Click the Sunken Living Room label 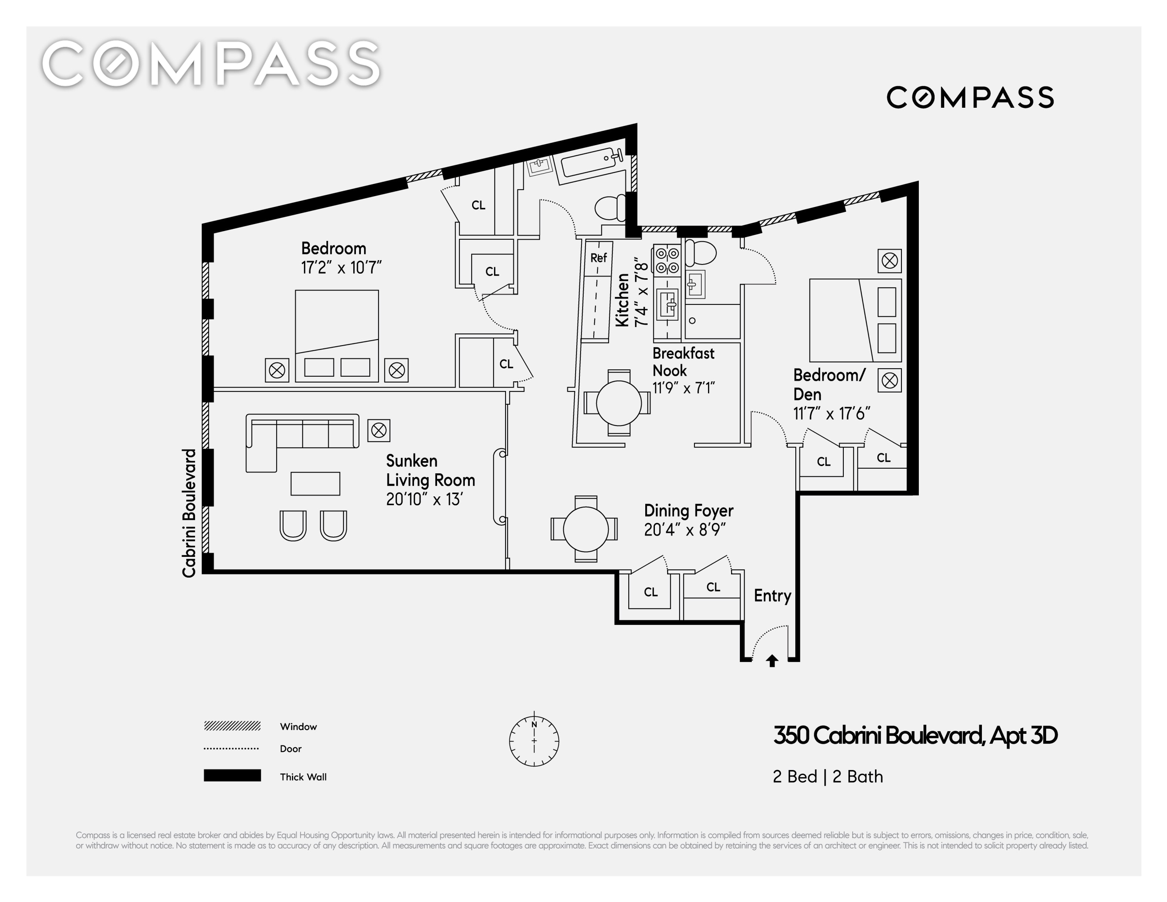pos(430,470)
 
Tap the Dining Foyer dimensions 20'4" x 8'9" pos(685,530)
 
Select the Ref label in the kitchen pos(598,257)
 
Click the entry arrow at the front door pos(771,661)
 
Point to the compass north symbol pos(534,741)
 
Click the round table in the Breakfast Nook pos(619,403)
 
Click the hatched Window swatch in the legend pos(232,726)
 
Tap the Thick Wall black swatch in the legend pos(232,775)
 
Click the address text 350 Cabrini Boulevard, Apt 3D pos(915,736)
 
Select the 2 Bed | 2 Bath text pos(828,777)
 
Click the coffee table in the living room pos(315,484)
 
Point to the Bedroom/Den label pos(829,385)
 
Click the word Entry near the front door pos(772,596)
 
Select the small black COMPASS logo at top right pos(970,97)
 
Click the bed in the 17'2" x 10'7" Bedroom pos(337,336)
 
